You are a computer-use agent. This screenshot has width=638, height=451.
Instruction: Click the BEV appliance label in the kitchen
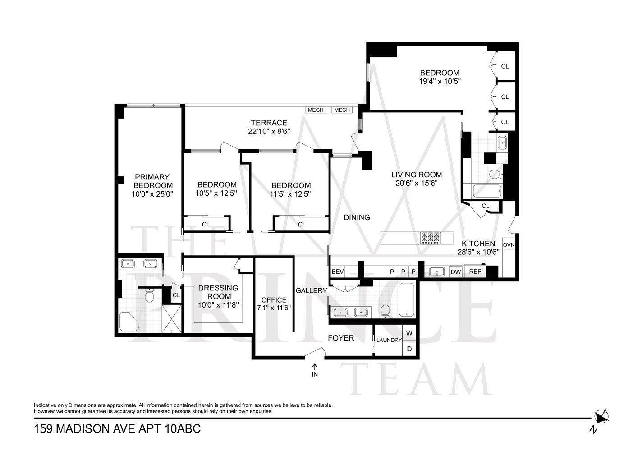(338, 272)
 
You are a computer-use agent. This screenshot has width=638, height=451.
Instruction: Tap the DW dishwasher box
(456, 272)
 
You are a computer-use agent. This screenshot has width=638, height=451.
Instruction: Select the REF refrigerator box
(475, 272)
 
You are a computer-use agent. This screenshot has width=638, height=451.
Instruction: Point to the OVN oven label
(509, 245)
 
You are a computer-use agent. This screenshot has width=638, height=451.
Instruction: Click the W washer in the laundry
(409, 333)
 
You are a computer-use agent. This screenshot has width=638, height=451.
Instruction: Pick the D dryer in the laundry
(409, 349)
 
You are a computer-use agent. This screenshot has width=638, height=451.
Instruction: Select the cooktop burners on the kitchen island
(430, 238)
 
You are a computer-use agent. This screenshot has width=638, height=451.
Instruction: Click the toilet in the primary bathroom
(149, 296)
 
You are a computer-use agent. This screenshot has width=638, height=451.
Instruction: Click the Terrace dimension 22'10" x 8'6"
(269, 131)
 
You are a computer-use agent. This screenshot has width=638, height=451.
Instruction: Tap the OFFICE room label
(274, 300)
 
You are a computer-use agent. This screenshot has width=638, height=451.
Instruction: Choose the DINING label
(357, 217)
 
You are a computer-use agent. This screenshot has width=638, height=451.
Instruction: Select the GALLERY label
(311, 290)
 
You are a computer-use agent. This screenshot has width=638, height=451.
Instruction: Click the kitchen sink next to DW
(436, 272)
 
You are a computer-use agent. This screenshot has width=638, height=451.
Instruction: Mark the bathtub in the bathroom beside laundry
(406, 299)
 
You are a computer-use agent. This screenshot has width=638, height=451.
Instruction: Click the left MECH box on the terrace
(316, 110)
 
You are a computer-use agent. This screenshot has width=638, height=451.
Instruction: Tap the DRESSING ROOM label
(218, 292)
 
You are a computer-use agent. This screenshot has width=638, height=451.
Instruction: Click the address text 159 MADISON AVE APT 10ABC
(117, 428)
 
